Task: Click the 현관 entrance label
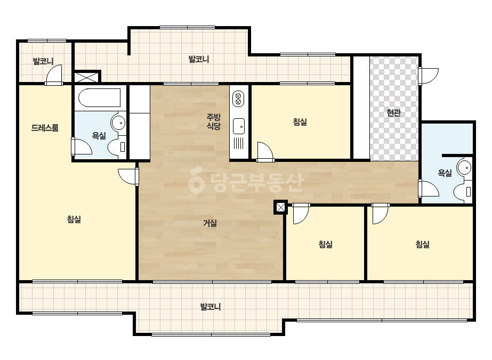[393, 112]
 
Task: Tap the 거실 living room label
[210, 223]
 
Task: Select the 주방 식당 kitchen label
[213, 121]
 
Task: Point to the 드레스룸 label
[45, 128]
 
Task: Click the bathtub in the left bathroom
[99, 98]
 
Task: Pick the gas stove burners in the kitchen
[238, 99]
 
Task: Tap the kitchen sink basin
[239, 126]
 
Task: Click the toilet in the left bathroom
[117, 147]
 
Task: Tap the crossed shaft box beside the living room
[280, 207]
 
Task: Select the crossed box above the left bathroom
[86, 77]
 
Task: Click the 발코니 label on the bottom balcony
[211, 307]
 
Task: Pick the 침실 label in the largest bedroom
[74, 219]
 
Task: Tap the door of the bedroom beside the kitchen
[265, 152]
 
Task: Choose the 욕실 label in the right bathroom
[445, 173]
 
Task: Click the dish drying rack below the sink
[239, 143]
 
